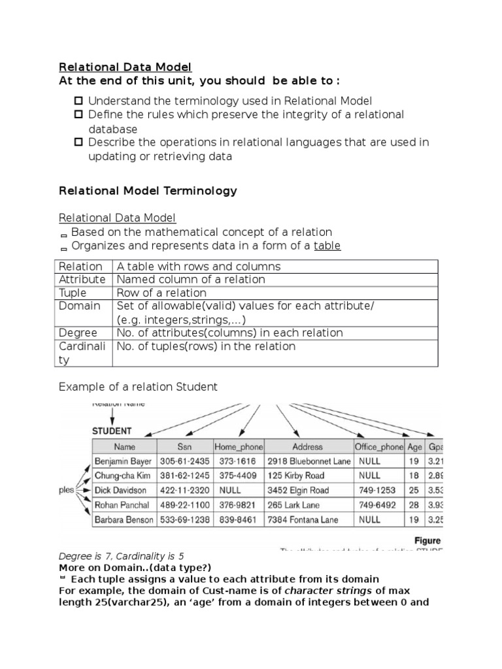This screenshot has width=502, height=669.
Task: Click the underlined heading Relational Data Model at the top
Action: (125, 67)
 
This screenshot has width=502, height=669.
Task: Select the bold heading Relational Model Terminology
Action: (148, 191)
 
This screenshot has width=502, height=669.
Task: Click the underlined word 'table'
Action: (327, 246)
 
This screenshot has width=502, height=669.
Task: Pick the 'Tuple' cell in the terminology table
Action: (73, 293)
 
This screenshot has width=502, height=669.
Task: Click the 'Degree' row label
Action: (78, 333)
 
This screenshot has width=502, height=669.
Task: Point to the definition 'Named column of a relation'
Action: (191, 280)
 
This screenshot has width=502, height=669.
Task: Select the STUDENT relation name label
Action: (112, 431)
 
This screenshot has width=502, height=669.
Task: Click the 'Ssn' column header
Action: (184, 448)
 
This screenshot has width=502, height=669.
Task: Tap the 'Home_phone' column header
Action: (239, 448)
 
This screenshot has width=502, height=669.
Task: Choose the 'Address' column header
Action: (307, 448)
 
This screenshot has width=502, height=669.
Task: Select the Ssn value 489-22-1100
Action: (185, 505)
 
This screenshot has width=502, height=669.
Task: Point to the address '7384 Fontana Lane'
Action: (303, 520)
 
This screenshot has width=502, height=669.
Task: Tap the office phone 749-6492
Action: (377, 505)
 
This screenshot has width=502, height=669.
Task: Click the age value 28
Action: (414, 505)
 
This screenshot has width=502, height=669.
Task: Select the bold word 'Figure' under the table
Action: (427, 541)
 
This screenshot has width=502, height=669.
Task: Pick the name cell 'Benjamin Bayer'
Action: (124, 461)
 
